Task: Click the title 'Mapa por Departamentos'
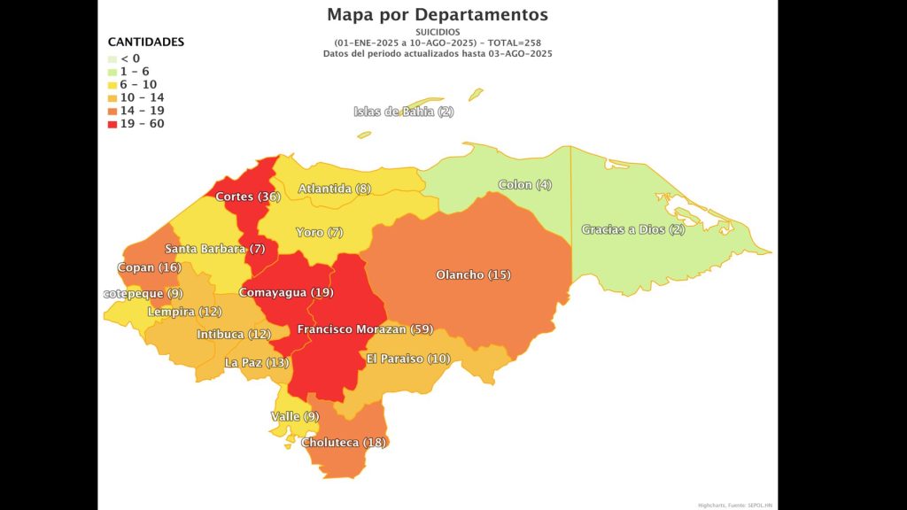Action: tap(437, 15)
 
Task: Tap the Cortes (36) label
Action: tap(248, 197)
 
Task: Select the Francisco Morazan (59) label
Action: tap(365, 329)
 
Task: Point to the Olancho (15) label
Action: tap(473, 275)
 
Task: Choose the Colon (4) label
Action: tap(524, 185)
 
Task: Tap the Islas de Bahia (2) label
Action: tap(403, 112)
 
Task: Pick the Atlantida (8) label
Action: tap(334, 189)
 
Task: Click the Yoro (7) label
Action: tap(319, 232)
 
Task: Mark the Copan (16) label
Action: tap(149, 267)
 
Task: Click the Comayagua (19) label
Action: tap(285, 292)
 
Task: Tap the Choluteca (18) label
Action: tap(345, 443)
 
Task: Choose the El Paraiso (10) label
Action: tap(408, 359)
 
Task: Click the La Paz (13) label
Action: tap(256, 363)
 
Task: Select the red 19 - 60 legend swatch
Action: tap(112, 124)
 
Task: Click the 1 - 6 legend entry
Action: tap(136, 71)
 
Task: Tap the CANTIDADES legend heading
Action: tap(145, 42)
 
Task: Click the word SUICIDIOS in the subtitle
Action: tap(438, 33)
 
